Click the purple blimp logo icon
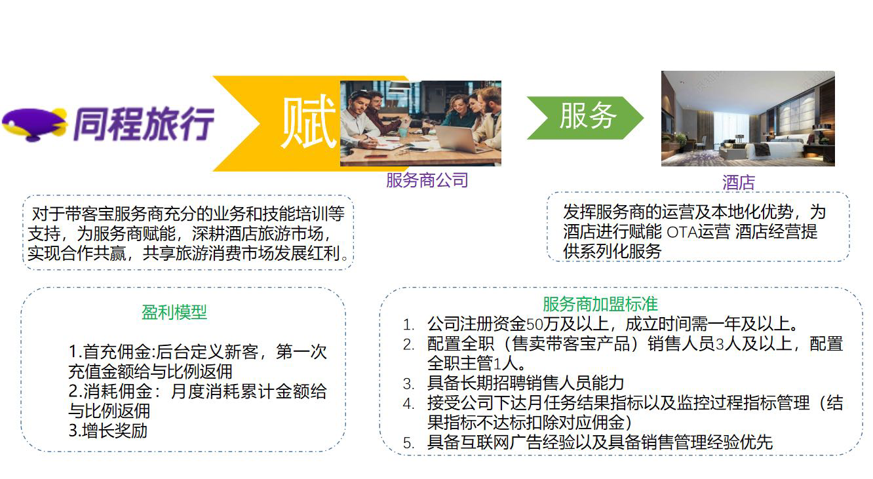(x=34, y=125)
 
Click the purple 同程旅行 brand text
(x=144, y=124)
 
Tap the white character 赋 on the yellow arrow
(x=309, y=123)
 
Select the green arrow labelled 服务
(x=585, y=118)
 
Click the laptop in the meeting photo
(x=460, y=139)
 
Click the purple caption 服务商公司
(x=427, y=180)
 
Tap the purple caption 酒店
(x=739, y=182)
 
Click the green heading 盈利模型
(x=174, y=312)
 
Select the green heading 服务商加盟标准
(x=600, y=304)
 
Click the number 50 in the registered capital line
(x=534, y=324)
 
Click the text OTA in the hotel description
(x=681, y=232)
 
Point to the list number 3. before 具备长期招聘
(x=408, y=384)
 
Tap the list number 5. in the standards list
(x=408, y=443)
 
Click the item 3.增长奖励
(x=107, y=431)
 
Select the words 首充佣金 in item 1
(x=117, y=352)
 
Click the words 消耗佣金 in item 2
(x=117, y=391)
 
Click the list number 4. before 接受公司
(x=408, y=404)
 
